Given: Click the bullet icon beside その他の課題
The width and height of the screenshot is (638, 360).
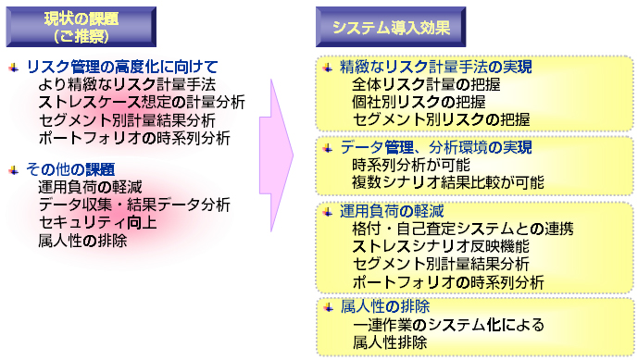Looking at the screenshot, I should (x=12, y=168).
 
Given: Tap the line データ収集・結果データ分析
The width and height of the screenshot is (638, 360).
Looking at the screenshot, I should (x=134, y=205).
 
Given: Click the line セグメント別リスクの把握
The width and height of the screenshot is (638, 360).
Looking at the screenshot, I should (x=441, y=120).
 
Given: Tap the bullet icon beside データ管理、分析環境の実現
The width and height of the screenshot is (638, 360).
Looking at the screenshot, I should (x=327, y=147).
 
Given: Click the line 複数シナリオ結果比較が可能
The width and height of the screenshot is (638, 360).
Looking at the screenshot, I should (x=448, y=182).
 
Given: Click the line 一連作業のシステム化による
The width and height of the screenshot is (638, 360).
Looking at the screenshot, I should (x=448, y=325).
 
